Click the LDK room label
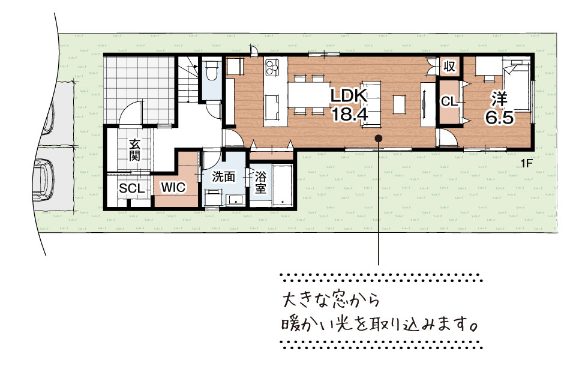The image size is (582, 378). [x=349, y=96]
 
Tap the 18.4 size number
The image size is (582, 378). [x=350, y=115]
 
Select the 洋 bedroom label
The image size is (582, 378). [x=499, y=99]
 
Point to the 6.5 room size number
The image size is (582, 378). [x=500, y=118]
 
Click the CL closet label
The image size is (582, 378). [x=449, y=101]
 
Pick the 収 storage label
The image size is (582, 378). [x=449, y=67]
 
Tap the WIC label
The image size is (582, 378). [x=173, y=188]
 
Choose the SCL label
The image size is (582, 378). [x=131, y=188]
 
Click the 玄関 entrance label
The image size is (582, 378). [x=135, y=149]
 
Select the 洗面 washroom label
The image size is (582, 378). [x=223, y=177]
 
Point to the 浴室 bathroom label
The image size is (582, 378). [x=260, y=182]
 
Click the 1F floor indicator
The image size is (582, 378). [x=526, y=163]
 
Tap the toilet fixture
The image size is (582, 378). [x=212, y=70]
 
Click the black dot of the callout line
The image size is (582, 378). [x=379, y=138]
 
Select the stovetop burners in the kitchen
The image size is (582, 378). [x=272, y=67]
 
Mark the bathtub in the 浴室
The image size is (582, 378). [x=283, y=185]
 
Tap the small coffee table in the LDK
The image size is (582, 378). [x=399, y=105]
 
